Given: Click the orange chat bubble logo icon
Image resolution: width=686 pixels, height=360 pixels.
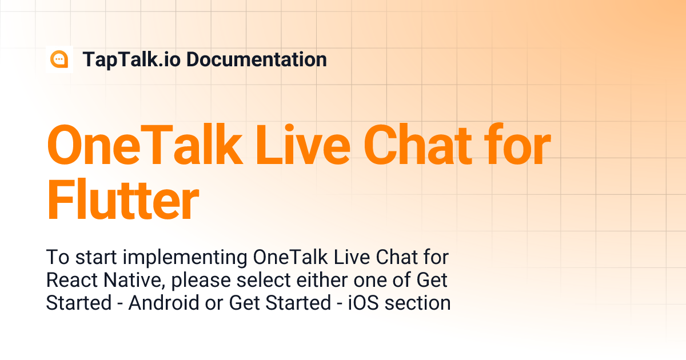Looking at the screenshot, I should point(59,59).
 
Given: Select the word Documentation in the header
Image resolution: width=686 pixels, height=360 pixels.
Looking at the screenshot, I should point(257,59).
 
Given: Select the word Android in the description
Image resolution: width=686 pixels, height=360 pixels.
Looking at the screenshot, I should point(164,303).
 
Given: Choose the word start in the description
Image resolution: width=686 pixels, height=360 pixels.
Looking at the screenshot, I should point(90,258).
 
